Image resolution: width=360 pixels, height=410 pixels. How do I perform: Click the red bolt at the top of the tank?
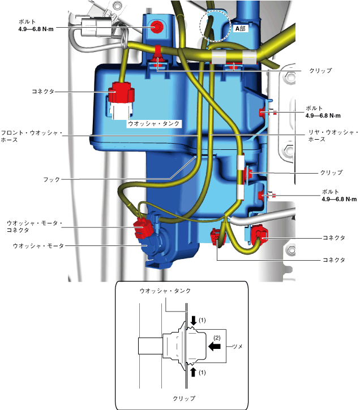pyautogui.click(x=157, y=26)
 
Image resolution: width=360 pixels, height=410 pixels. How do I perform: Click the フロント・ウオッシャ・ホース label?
pyautogui.click(x=31, y=136)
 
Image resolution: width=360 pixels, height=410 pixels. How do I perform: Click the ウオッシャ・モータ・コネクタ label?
pyautogui.click(x=34, y=227)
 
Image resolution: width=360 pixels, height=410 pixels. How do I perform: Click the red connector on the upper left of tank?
pyautogui.click(x=123, y=92)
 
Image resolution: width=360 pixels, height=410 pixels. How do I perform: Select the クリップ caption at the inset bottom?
pyautogui.click(x=184, y=398)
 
